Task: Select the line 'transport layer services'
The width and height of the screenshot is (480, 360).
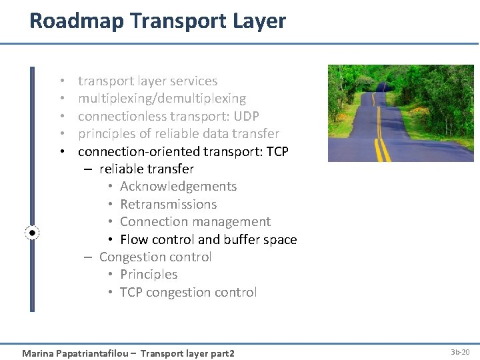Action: tap(147, 81)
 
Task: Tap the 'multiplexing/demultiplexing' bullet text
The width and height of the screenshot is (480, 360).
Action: tap(162, 99)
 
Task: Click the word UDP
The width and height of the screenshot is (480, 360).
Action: tap(246, 116)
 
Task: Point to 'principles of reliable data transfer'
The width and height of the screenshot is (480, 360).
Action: tap(178, 134)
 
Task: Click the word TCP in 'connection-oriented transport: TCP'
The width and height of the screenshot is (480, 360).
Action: tap(277, 151)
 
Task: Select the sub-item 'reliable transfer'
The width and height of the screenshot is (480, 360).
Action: tap(147, 169)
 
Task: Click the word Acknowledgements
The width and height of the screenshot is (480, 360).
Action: tap(178, 187)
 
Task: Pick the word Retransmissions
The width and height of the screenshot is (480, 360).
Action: tap(168, 205)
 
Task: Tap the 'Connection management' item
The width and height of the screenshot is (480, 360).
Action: tap(195, 222)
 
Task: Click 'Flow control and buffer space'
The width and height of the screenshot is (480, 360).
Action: tap(208, 239)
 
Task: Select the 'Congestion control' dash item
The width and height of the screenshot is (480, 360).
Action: tap(155, 257)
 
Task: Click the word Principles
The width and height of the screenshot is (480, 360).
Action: tap(149, 275)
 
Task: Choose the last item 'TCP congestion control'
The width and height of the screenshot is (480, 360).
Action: tap(188, 293)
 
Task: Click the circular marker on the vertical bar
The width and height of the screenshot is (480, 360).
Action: tap(32, 233)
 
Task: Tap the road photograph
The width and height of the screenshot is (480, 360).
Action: tap(401, 113)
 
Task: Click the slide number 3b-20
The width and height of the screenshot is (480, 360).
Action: tap(460, 352)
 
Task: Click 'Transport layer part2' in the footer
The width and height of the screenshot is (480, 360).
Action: tap(187, 353)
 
